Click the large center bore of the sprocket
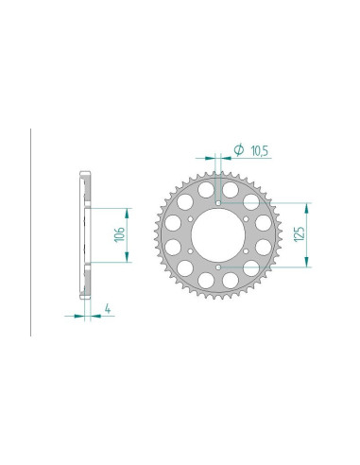(219, 236)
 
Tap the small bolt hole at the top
(219, 203)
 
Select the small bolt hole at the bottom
(219, 269)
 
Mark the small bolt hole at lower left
(191, 252)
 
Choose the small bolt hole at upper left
(191, 219)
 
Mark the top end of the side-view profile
(85, 173)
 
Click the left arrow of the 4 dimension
(77, 317)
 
